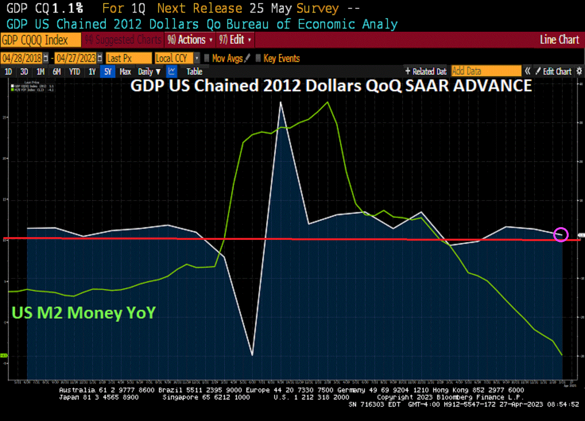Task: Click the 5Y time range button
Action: click(x=108, y=72)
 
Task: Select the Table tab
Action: click(x=194, y=72)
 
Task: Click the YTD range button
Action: click(x=74, y=72)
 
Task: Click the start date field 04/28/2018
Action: click(x=22, y=58)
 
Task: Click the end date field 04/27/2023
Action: click(x=76, y=58)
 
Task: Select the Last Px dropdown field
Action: click(x=128, y=58)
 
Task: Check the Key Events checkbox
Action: click(x=258, y=58)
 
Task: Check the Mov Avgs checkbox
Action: click(x=207, y=58)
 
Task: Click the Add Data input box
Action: click(x=486, y=71)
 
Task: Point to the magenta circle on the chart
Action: click(x=561, y=235)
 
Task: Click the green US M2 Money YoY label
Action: click(x=83, y=313)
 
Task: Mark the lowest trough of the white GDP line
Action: click(x=252, y=355)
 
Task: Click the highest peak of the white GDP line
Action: click(x=281, y=102)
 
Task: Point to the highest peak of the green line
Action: click(x=328, y=102)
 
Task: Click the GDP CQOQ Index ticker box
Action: click(x=41, y=40)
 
